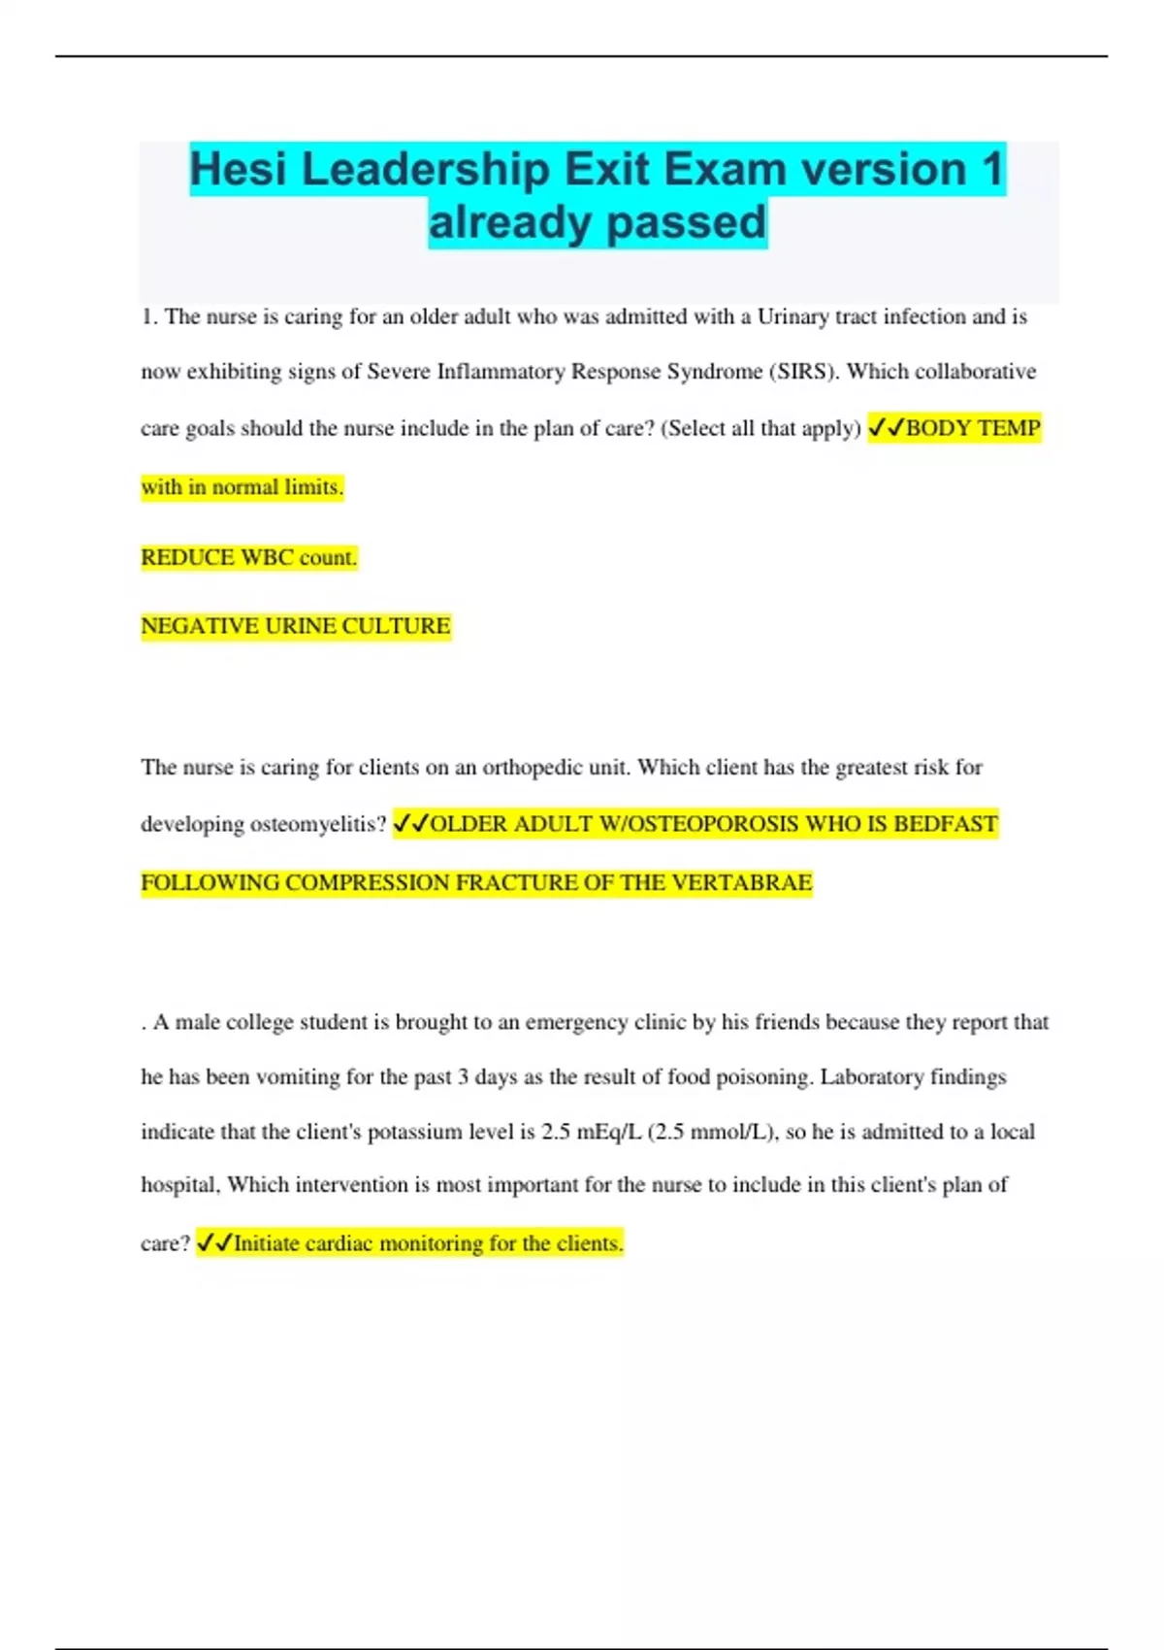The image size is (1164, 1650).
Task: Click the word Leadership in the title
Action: (426, 170)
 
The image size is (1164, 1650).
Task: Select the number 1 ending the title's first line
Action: (991, 170)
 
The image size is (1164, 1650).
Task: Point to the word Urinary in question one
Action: (792, 316)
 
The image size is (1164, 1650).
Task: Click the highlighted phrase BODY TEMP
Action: (972, 428)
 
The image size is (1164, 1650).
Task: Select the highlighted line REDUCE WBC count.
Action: (249, 557)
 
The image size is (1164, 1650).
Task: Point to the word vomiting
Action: (296, 1077)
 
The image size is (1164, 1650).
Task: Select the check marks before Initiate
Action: (214, 1243)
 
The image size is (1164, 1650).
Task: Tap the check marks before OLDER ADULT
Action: (410, 824)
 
